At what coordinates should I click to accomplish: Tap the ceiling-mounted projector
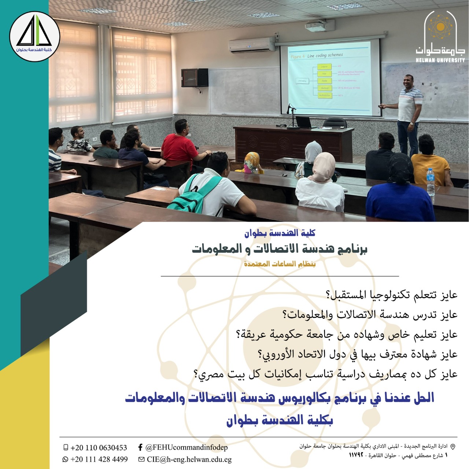coord(320,26)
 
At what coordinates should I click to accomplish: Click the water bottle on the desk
coord(431,182)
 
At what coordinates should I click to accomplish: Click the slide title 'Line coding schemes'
coord(325,55)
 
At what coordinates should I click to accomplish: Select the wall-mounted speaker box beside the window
coord(195,77)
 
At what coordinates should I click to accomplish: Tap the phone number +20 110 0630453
coord(99,448)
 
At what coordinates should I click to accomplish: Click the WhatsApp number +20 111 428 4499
coord(99,459)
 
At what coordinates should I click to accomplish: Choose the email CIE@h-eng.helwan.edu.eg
coord(189,459)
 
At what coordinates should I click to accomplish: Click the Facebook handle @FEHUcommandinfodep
coord(186,447)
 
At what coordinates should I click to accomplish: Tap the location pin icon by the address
coord(453,447)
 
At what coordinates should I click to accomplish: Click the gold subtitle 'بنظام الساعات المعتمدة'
coord(280,264)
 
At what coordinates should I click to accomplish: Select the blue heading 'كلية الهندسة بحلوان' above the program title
coord(280,233)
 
